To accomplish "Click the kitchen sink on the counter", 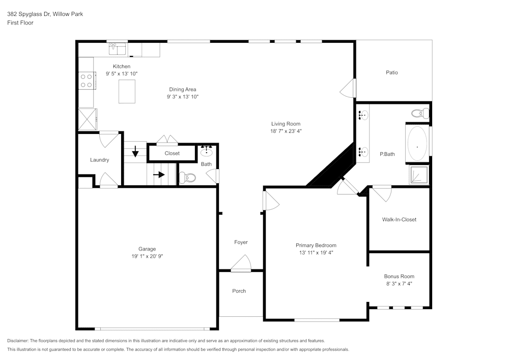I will pos(118,49).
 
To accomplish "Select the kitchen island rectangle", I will pos(128,92).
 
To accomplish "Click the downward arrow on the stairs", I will pos(135,152).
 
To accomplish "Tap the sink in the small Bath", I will pos(207,151).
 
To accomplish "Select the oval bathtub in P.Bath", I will pos(418,144).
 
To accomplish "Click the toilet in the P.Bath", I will pos(420,113).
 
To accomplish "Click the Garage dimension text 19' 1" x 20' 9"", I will pos(147,256).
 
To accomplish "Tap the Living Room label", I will pos(286,124).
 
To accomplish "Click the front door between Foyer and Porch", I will pos(241,264).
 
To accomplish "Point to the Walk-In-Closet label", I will pos(399,219).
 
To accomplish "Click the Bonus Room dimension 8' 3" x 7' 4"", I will pos(399,284).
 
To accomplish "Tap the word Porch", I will pos(239,291).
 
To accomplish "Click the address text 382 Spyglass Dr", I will pos(30,14).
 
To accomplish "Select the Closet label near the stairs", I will pos(172,153).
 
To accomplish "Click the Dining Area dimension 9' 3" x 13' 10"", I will pos(183,96).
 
